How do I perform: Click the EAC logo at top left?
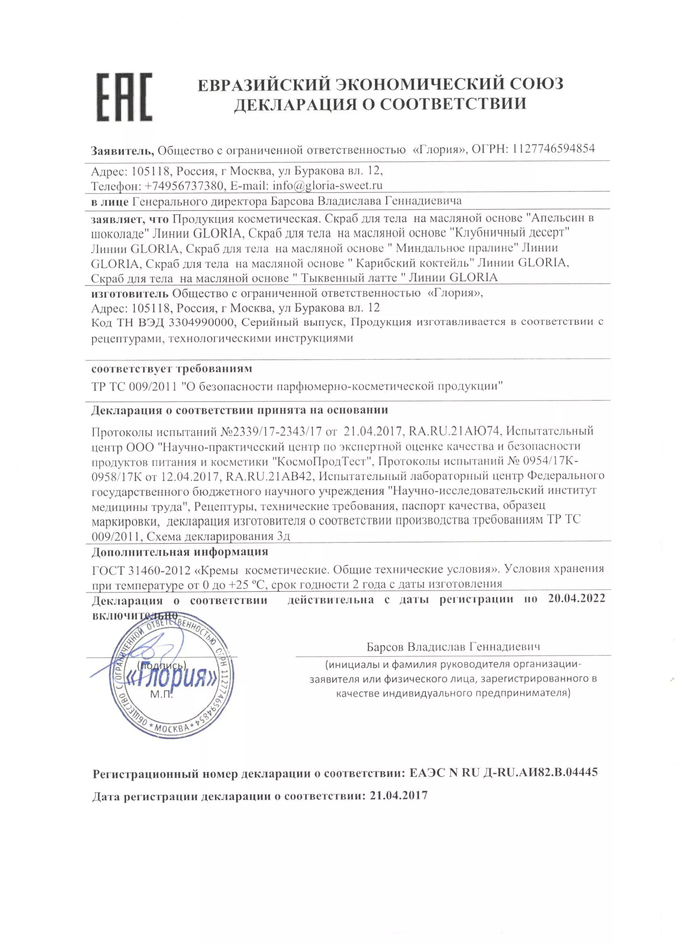coord(124,97)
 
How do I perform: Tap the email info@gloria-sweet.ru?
coord(327,185)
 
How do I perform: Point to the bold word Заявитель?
coord(122,150)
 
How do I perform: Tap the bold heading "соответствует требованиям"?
coord(172,369)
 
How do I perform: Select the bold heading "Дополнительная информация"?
coord(179,552)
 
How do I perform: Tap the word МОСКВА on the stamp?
coord(172,728)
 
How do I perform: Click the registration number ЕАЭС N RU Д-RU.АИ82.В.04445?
coord(504,772)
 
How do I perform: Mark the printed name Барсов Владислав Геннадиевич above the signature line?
coord(453,647)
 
